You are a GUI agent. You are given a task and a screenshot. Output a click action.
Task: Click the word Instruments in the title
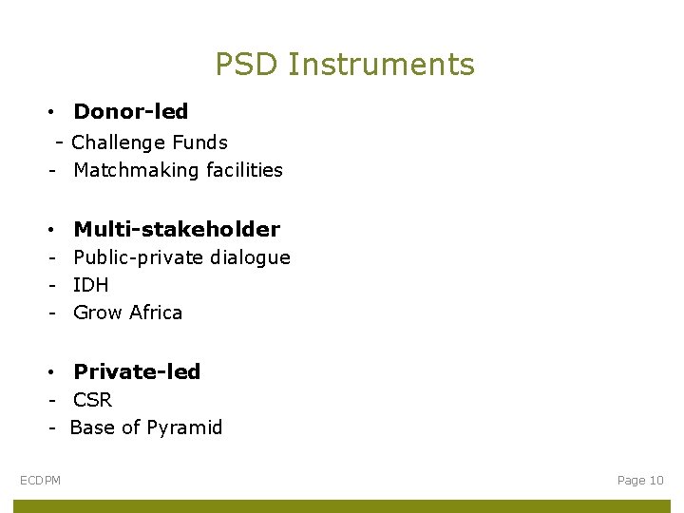(x=381, y=65)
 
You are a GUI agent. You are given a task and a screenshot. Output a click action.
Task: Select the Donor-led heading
(x=131, y=112)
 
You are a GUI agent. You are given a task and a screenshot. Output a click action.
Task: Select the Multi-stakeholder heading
(x=177, y=229)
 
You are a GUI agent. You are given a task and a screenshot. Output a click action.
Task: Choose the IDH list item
(x=91, y=285)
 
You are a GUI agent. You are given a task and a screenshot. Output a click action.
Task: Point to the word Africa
(x=156, y=313)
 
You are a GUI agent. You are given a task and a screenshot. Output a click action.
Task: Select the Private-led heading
(x=137, y=371)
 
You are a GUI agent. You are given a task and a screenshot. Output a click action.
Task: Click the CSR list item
(x=92, y=400)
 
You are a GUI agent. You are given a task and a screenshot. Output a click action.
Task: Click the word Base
(x=91, y=428)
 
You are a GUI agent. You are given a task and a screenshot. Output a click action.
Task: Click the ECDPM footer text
(x=40, y=481)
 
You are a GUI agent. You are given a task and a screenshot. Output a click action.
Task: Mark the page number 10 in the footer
(x=656, y=481)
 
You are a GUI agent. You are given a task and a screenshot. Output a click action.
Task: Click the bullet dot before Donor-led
(x=48, y=113)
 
